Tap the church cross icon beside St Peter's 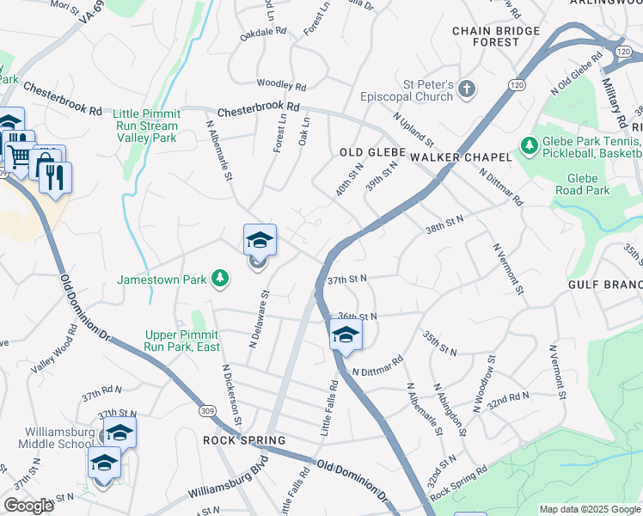coord(466,89)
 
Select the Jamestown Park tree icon coord(221,277)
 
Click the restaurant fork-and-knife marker coord(56,177)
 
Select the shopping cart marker coord(19,155)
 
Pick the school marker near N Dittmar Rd coord(346,334)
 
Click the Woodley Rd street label coord(281,86)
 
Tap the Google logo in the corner coord(28,506)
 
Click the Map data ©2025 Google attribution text coord(589,509)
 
